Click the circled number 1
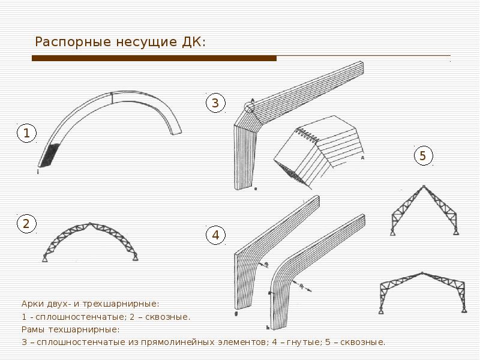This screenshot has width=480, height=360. [x=26, y=133]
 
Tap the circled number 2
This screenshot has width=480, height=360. [x=26, y=223]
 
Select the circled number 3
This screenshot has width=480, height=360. [x=215, y=103]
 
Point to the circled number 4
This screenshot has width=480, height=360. [x=216, y=235]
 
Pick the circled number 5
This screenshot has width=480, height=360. [x=424, y=155]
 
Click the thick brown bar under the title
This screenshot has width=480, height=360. [x=154, y=58]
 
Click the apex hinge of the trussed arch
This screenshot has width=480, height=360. [x=89, y=223]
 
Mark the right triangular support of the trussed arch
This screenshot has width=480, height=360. [x=135, y=257]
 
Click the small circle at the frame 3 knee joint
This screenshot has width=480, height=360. [x=249, y=106]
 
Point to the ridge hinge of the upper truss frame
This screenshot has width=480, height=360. [x=424, y=186]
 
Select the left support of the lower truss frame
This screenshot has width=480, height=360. [x=381, y=310]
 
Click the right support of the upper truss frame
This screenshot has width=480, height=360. [x=456, y=232]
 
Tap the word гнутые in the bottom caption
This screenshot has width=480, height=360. [x=303, y=342]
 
